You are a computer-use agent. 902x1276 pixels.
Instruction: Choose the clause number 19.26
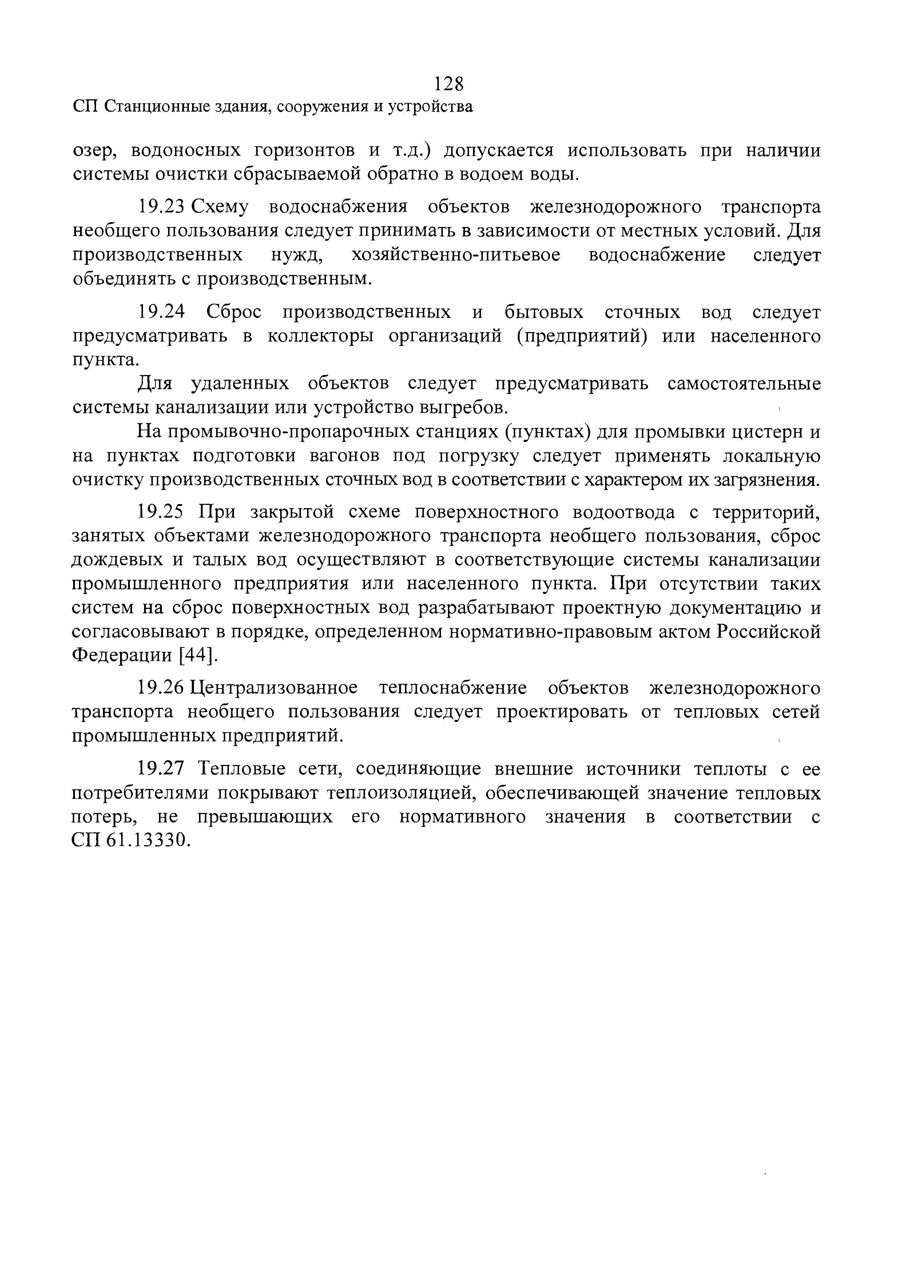click(160, 688)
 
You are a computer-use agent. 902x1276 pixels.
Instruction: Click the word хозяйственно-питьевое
click(456, 255)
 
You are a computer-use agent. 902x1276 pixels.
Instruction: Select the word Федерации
click(123, 656)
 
